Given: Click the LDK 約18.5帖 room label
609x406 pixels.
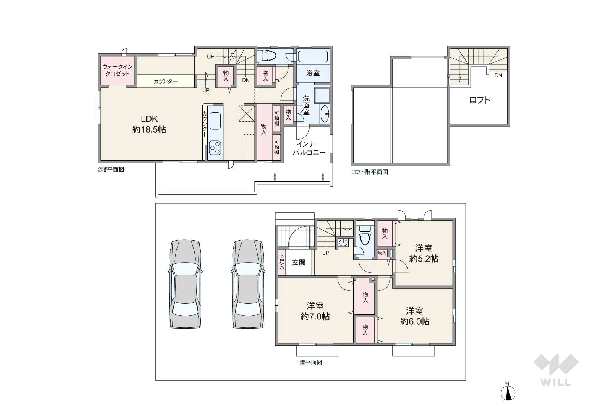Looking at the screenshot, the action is [149, 124].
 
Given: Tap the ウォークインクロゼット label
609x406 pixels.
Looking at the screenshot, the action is [117, 70].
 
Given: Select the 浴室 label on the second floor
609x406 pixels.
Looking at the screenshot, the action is [312, 73].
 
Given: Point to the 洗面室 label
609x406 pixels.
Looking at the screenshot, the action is [306, 105].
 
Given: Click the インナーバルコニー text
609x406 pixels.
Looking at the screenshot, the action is [309, 148].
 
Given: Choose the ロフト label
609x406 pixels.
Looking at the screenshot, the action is [480, 100].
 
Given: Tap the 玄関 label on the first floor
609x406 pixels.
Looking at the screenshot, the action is [298, 262].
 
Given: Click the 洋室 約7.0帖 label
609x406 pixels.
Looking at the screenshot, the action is [315, 311].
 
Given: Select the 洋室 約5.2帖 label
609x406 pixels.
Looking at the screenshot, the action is [424, 253].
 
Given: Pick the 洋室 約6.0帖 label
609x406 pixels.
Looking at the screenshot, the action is [414, 316].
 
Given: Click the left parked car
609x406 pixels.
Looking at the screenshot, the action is [185, 284].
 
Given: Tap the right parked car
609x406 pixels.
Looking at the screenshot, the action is [248, 284].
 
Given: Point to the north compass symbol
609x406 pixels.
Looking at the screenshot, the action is [508, 391].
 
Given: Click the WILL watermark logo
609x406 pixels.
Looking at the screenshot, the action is [556, 370].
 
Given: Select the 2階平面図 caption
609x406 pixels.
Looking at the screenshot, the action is [111, 169].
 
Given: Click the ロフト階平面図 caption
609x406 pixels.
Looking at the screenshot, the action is [369, 172].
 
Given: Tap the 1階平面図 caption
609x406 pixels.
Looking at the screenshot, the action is [309, 362].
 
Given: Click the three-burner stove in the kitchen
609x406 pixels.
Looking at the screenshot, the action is [215, 148].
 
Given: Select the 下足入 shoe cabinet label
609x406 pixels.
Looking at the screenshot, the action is [282, 262].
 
